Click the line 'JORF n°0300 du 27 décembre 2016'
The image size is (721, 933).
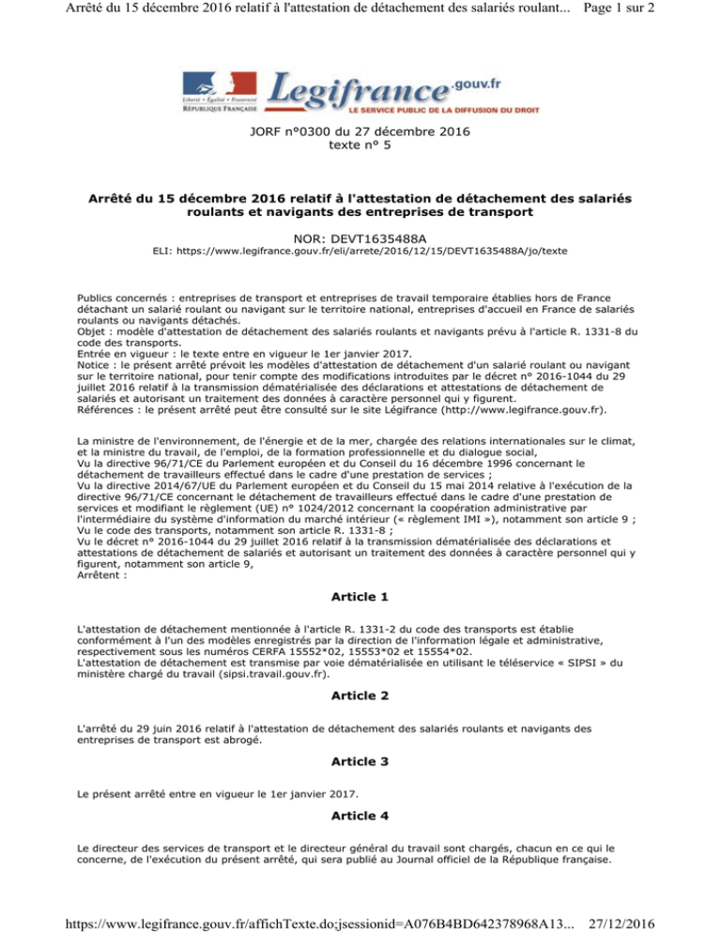pos(360,132)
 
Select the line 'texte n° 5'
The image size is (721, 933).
pos(360,146)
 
